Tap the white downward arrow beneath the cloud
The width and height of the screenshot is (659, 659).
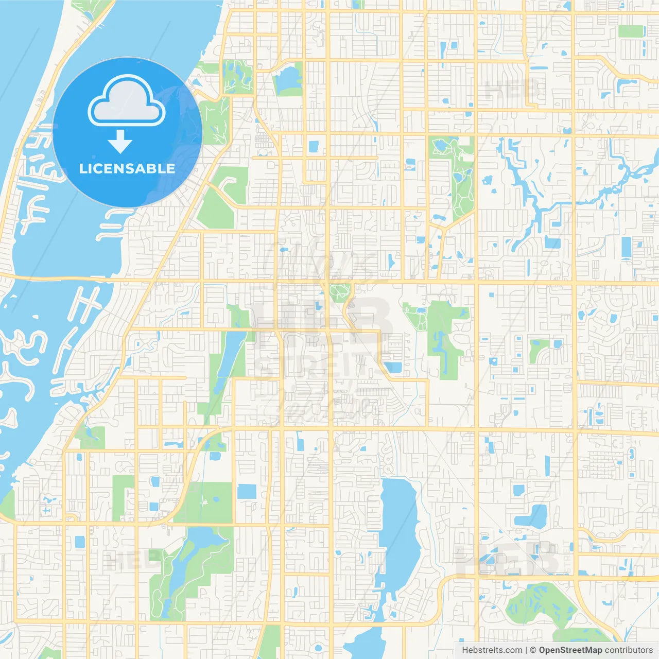point(120,142)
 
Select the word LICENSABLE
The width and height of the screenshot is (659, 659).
point(127,168)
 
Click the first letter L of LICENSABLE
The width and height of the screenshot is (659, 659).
point(82,168)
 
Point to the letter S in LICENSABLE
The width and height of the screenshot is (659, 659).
point(135,168)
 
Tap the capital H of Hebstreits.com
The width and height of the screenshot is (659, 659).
point(465,650)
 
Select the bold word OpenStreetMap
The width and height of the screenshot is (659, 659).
point(570,650)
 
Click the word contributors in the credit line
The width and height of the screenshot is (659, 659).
point(629,650)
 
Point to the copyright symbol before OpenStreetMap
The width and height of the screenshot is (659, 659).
point(533,650)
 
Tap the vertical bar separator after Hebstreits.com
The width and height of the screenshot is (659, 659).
point(526,650)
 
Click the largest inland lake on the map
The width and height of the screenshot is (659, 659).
point(399,530)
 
